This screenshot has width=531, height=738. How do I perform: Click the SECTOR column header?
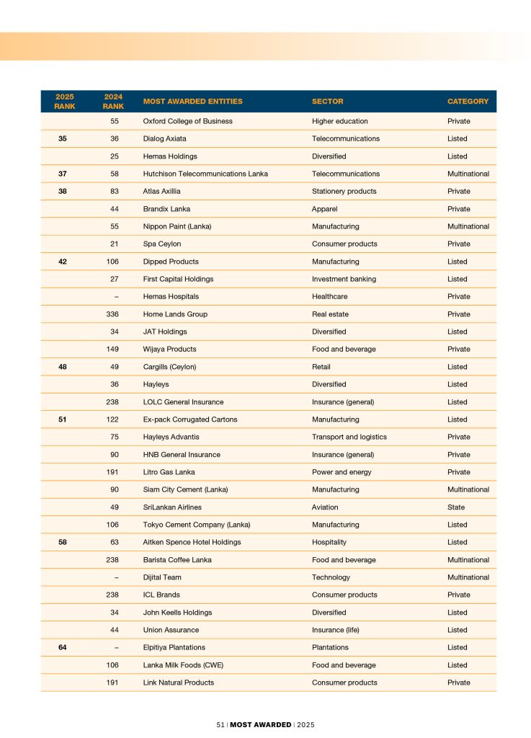click(327, 102)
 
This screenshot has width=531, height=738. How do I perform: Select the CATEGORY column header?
click(468, 102)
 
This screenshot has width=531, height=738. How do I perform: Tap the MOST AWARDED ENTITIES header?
click(192, 102)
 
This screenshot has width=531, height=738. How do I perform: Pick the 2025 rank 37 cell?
click(63, 174)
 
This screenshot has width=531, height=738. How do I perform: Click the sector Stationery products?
click(344, 191)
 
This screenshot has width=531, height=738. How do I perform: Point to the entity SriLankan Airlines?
click(172, 507)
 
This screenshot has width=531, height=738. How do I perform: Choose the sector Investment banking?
click(344, 279)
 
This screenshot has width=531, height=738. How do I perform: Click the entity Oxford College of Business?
click(187, 121)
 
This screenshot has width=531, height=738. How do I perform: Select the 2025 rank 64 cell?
click(63, 647)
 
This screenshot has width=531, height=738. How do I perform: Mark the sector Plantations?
click(330, 647)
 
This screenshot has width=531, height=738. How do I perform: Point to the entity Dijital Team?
click(162, 577)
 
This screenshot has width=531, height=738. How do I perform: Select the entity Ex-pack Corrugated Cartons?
click(189, 419)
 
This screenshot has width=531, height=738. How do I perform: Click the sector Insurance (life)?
click(335, 630)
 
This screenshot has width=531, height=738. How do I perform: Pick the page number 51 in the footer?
click(220, 724)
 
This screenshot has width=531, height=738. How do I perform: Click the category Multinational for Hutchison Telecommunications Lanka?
click(468, 174)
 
